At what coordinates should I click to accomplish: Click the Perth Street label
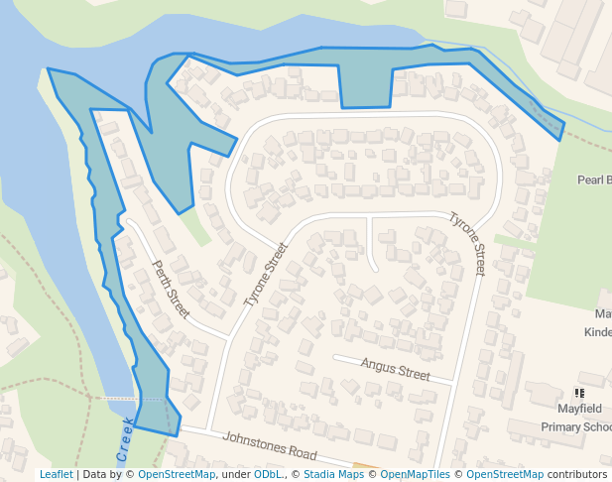(x=170, y=289)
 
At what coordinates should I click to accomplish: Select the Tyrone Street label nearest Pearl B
(x=467, y=244)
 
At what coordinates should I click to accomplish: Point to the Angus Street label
(x=395, y=371)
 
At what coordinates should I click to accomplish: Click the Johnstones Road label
(x=270, y=445)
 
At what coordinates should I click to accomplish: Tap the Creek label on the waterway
(x=125, y=440)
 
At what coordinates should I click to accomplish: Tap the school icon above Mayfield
(x=579, y=394)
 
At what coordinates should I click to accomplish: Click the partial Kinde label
(x=597, y=332)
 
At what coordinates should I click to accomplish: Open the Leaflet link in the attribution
(x=56, y=474)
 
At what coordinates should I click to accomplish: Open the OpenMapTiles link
(x=416, y=474)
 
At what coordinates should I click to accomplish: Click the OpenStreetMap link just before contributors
(x=505, y=474)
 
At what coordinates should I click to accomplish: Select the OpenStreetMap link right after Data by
(x=177, y=474)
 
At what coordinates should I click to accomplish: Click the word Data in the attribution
(x=95, y=474)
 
